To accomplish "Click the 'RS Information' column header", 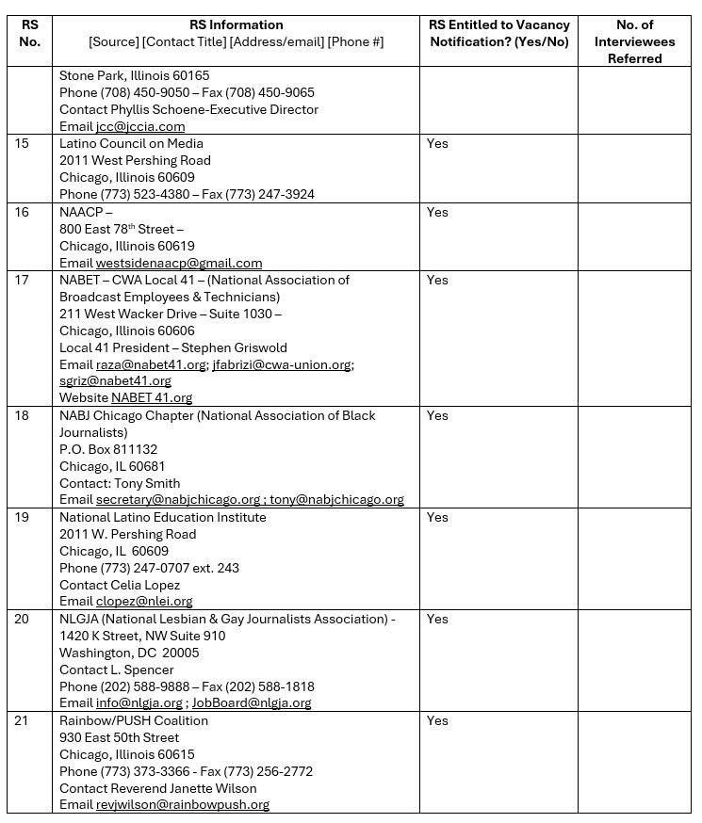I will click(x=236, y=25).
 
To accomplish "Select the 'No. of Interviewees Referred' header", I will click(x=634, y=41).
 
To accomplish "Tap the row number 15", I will click(x=22, y=144).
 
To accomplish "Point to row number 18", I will click(x=22, y=416).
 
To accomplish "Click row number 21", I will click(x=22, y=721).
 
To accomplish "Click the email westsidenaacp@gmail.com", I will click(x=179, y=264).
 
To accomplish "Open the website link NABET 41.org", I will click(x=152, y=398).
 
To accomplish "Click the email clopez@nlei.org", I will click(x=144, y=602).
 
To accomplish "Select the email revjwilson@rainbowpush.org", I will click(x=183, y=805).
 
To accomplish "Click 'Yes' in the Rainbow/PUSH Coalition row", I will click(x=437, y=721).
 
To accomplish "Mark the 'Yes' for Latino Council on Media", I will click(x=437, y=144).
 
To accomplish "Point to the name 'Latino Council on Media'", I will click(x=131, y=144).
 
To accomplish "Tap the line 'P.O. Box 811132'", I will click(x=108, y=450).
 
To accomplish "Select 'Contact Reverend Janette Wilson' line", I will click(x=157, y=788).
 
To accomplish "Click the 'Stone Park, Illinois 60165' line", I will click(x=135, y=76).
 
